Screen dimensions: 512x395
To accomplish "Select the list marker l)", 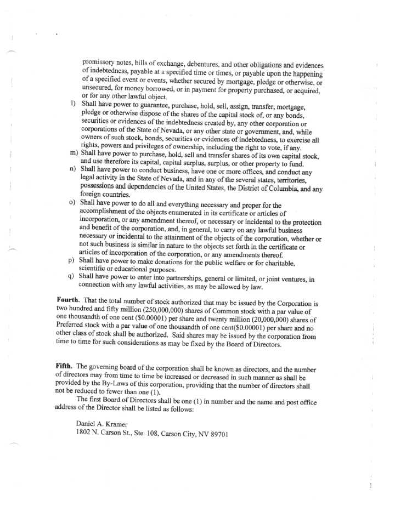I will pyautogui.click(x=73, y=103).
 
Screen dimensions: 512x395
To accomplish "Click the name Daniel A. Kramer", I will pyautogui.click(x=103, y=424).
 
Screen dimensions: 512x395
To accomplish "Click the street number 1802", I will pyautogui.click(x=84, y=434).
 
